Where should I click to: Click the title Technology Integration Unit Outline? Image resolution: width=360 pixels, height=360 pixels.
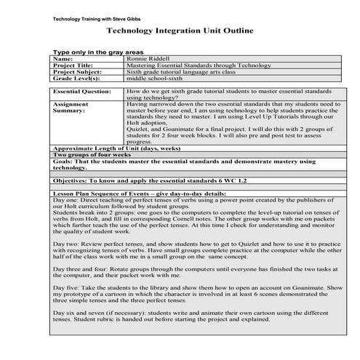180,32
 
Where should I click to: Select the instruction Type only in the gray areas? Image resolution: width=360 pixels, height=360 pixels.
99,52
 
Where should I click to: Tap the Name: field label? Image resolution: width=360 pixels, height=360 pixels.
63,58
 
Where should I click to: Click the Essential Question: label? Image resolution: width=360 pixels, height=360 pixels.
81,93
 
